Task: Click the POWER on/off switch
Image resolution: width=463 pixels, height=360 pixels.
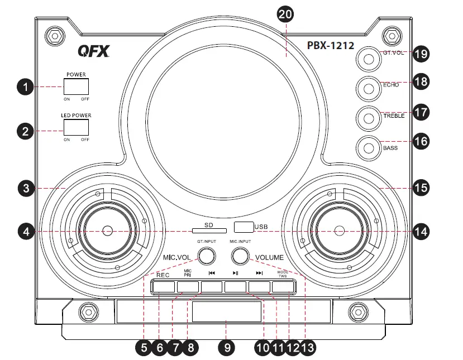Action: click(x=77, y=87)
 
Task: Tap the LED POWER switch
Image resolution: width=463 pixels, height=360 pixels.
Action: click(x=77, y=127)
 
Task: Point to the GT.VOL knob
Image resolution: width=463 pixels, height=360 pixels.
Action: click(x=369, y=56)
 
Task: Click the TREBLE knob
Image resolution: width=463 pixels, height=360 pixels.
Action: click(x=369, y=117)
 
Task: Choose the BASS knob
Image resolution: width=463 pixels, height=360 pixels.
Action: click(x=369, y=148)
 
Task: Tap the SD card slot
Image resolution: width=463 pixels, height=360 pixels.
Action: click(x=208, y=229)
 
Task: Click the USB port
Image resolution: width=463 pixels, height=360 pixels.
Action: click(x=244, y=227)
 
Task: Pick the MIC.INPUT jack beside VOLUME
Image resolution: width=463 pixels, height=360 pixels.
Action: click(x=241, y=256)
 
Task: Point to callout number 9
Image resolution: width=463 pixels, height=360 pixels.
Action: click(x=227, y=347)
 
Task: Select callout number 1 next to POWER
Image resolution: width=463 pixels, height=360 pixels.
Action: click(x=25, y=87)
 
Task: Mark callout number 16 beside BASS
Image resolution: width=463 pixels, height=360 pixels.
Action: click(x=421, y=142)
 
